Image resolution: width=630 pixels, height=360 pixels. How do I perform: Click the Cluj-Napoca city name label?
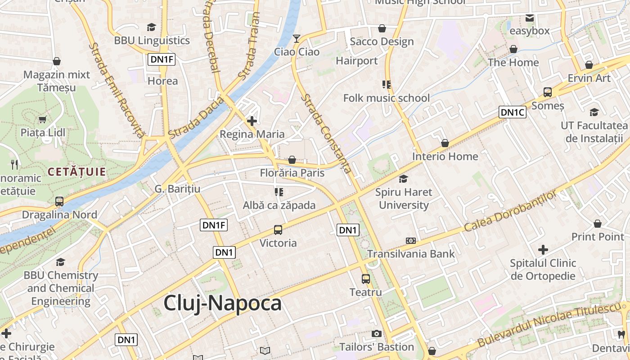(x=222, y=303)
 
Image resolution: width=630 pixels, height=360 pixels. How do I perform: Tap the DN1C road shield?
(x=512, y=112)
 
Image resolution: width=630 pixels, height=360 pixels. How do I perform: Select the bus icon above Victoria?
(x=278, y=230)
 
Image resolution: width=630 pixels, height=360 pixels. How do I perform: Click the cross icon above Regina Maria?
(x=252, y=121)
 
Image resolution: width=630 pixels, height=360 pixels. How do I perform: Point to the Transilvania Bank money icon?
(x=410, y=241)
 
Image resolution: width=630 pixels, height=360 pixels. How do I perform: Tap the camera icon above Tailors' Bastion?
(x=376, y=333)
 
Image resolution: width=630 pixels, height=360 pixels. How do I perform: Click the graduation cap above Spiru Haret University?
(x=403, y=179)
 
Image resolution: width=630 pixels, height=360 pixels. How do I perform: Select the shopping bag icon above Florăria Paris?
(x=292, y=160)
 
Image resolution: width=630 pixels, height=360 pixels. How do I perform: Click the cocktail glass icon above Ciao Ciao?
(x=296, y=39)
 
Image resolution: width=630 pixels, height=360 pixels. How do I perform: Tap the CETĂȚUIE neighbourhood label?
(x=76, y=171)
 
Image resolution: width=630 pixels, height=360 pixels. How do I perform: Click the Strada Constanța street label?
(x=327, y=133)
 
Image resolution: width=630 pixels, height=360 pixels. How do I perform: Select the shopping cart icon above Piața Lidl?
(x=42, y=119)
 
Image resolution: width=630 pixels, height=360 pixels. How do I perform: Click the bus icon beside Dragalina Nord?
(x=59, y=201)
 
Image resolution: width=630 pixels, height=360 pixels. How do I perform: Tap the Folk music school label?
(x=387, y=98)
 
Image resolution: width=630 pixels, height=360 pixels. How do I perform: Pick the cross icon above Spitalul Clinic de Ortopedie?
(x=543, y=249)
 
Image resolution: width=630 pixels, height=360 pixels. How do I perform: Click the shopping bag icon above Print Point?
(x=598, y=224)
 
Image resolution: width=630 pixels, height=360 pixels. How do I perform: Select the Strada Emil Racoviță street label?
(x=116, y=90)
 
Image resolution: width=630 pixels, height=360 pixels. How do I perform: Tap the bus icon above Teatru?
(x=365, y=279)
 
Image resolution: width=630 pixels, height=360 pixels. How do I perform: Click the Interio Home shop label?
(x=445, y=157)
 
